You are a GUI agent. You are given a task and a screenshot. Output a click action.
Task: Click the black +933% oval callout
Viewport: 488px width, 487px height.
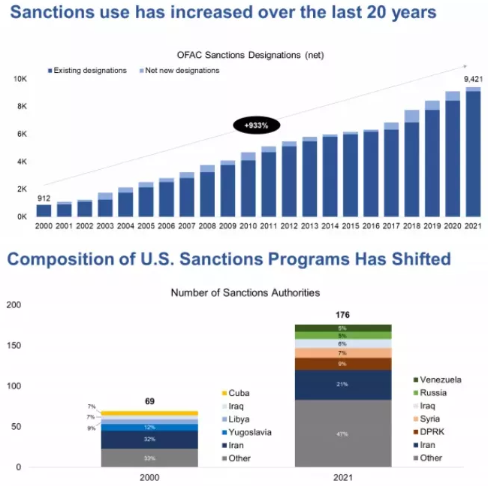[x=256, y=126]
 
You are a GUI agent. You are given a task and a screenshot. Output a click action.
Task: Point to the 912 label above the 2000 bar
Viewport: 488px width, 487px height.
[x=44, y=198]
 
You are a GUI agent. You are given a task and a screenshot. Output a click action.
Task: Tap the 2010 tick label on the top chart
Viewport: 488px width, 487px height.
[x=248, y=225]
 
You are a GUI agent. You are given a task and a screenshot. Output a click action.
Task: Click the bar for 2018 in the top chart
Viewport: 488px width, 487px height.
[x=411, y=165]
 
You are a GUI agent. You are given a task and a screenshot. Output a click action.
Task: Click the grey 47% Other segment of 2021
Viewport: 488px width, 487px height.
[x=342, y=434]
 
